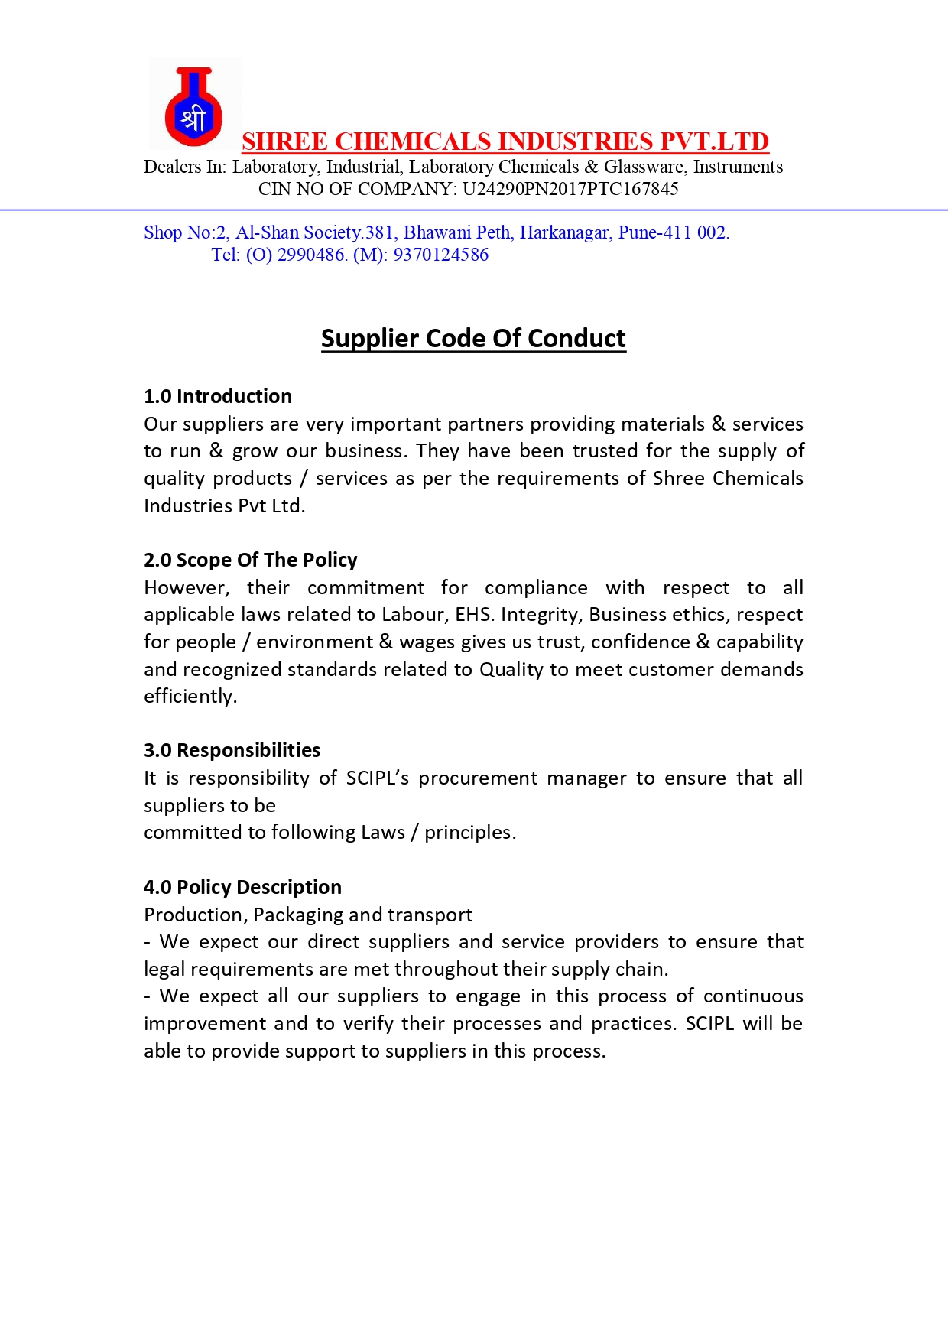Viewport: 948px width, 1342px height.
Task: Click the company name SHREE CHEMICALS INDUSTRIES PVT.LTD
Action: (x=505, y=141)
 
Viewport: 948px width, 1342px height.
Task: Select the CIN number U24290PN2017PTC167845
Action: (x=570, y=189)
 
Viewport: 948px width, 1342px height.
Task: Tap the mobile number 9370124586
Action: (x=440, y=255)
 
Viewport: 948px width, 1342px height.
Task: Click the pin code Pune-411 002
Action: (x=674, y=232)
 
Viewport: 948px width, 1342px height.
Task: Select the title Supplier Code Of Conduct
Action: (x=473, y=338)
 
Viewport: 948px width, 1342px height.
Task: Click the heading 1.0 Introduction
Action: (x=218, y=396)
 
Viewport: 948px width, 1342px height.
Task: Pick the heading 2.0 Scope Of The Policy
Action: (x=251, y=560)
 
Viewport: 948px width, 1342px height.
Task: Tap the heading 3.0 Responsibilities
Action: (x=232, y=750)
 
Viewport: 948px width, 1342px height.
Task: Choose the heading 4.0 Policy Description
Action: (x=242, y=887)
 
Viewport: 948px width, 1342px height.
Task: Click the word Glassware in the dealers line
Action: (x=644, y=167)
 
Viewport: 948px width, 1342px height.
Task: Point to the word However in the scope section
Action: (x=187, y=588)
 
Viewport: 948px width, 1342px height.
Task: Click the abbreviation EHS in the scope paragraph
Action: (x=474, y=615)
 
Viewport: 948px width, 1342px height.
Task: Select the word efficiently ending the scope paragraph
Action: (x=190, y=697)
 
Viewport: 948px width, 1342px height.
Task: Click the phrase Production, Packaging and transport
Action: (x=308, y=915)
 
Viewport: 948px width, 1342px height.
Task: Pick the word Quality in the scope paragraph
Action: (x=511, y=670)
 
